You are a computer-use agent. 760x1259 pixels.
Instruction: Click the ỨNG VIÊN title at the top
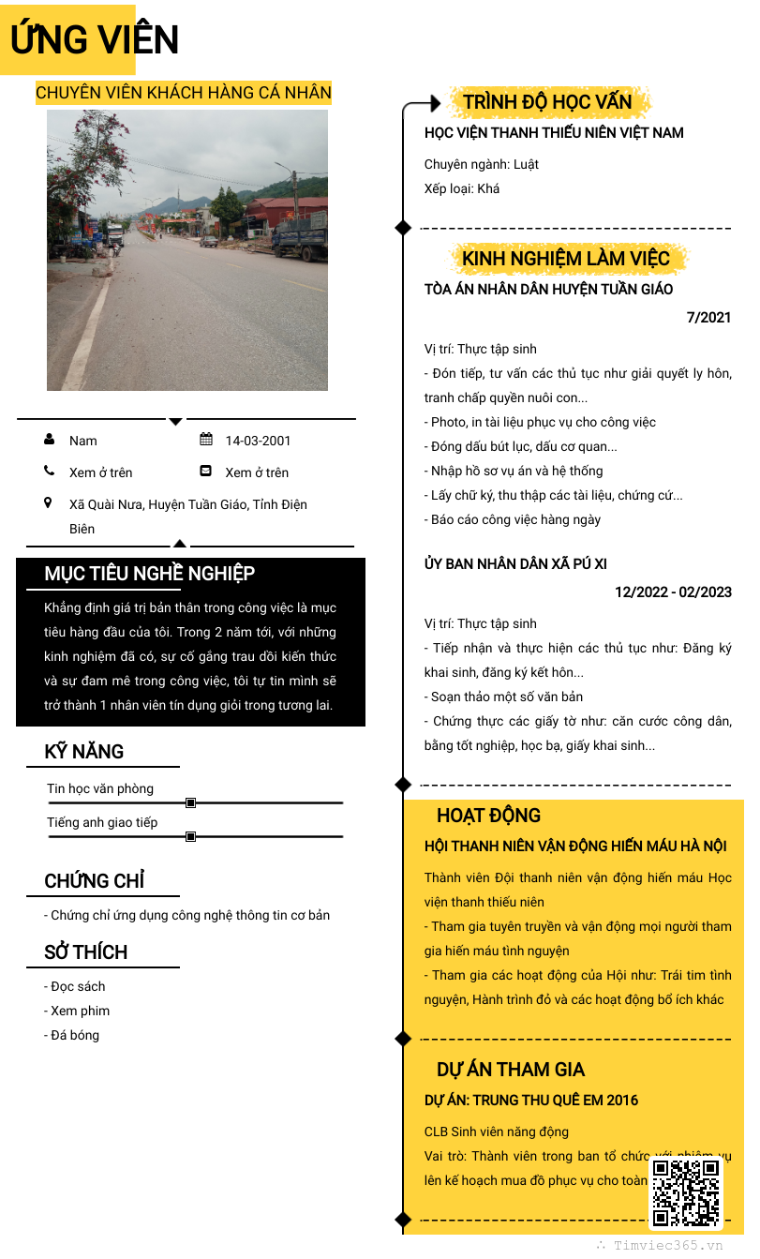94,40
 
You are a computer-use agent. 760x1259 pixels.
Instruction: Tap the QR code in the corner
686,1193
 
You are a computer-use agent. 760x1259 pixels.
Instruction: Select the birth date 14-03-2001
258,441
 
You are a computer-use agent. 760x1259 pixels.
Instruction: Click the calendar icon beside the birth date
206,440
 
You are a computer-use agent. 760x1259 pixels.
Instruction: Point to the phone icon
49,472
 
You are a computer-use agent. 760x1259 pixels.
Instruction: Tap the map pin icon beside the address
49,503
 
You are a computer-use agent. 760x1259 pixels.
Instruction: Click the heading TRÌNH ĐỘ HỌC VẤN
547,101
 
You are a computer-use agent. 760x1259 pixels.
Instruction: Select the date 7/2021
708,318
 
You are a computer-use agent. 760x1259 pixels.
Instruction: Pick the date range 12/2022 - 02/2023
673,592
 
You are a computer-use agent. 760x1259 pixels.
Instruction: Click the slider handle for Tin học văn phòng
191,802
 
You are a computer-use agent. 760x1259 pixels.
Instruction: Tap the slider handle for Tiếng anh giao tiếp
191,836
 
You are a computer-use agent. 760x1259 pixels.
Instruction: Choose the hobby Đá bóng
74,1035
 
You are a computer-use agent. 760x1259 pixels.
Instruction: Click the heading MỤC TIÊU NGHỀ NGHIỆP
150,574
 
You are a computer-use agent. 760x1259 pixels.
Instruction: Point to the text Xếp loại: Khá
462,188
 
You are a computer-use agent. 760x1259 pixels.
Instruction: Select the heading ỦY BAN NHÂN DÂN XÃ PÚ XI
515,563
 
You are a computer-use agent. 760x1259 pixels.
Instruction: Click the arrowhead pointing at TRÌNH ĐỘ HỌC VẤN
434,103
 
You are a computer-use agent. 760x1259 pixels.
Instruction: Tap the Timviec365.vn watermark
667,1246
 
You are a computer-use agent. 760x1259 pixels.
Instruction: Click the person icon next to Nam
49,440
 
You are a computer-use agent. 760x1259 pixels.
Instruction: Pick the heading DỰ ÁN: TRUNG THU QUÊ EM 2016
531,1100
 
